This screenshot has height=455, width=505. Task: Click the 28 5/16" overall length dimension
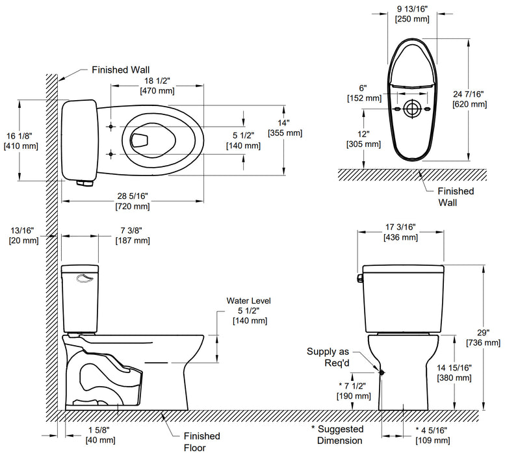tap(133, 201)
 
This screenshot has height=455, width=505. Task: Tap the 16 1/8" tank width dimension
tap(21, 140)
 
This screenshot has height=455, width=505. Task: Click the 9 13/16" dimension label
tap(413, 14)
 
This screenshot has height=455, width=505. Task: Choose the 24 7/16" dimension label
tap(469, 99)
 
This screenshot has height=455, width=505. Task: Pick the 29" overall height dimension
tap(482, 337)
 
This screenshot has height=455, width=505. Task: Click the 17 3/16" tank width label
tap(400, 233)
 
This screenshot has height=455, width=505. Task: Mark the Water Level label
tap(248, 301)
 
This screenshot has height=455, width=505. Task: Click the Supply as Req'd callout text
tap(329, 357)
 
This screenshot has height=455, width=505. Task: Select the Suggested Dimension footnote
tap(338, 435)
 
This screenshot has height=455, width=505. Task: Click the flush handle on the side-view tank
tap(85, 279)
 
